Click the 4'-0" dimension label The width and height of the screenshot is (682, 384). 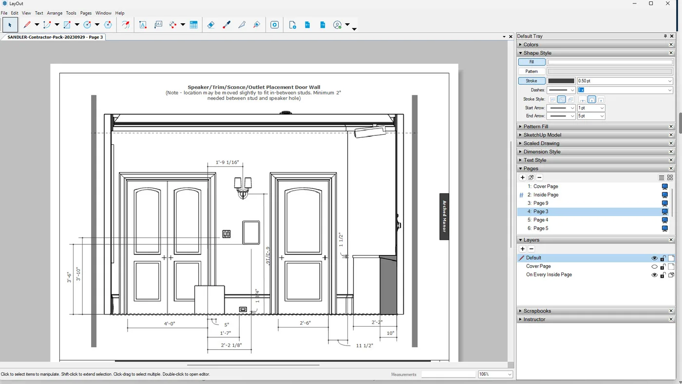169,323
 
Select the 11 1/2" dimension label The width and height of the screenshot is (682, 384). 364,346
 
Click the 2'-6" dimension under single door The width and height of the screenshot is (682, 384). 305,323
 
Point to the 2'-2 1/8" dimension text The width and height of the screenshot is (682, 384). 231,345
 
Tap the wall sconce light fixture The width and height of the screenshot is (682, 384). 243,187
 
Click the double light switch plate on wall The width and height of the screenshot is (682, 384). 227,234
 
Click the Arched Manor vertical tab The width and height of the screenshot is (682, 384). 444,216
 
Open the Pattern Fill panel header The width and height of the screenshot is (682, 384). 535,127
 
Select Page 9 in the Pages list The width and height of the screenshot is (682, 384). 540,203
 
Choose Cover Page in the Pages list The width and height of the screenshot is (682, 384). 545,186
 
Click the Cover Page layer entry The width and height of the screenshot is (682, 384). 538,266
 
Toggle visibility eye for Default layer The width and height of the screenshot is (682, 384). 654,258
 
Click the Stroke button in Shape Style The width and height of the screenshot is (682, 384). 531,81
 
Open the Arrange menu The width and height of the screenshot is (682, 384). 55,13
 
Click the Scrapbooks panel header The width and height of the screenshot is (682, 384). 537,311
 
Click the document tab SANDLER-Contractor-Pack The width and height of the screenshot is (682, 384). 55,37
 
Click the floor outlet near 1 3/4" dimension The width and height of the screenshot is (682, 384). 243,310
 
